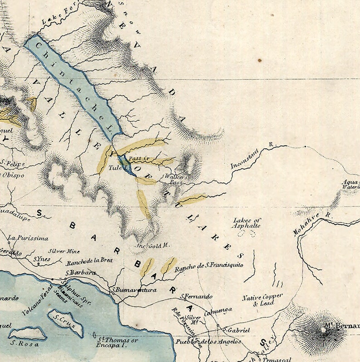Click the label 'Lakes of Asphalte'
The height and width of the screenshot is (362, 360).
247,223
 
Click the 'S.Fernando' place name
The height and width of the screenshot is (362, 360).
196,296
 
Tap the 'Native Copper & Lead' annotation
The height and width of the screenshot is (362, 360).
262,300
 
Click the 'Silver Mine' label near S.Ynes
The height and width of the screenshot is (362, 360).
64,251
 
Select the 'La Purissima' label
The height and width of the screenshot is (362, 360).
28,237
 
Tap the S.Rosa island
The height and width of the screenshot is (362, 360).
27,334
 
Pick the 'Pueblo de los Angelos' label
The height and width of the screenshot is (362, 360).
209,342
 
